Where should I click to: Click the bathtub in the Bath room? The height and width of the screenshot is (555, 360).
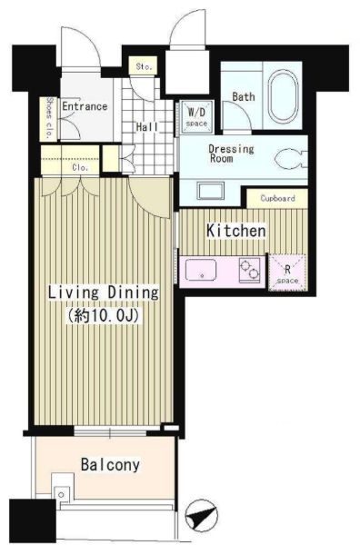click(x=283, y=96)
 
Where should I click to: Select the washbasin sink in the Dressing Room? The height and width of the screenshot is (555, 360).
click(x=211, y=191)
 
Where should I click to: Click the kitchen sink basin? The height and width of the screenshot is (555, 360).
click(x=201, y=270)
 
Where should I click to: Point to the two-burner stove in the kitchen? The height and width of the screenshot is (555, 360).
click(x=249, y=270)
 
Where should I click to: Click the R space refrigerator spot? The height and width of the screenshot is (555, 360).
click(x=287, y=273)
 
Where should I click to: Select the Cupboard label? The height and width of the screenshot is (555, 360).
click(x=277, y=198)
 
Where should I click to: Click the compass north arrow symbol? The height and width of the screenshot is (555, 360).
click(x=201, y=515)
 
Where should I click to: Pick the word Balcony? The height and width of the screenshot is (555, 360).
click(x=110, y=465)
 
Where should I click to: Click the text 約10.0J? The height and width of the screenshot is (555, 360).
click(x=103, y=314)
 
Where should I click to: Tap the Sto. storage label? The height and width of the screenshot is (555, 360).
click(x=144, y=66)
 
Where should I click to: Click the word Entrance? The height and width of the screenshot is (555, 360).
click(x=85, y=106)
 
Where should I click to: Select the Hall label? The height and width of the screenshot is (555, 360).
click(x=147, y=127)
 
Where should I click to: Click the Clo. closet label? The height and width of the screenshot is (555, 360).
click(x=80, y=168)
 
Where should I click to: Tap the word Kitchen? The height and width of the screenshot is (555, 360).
click(x=236, y=231)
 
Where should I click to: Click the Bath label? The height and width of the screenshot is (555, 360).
click(x=244, y=96)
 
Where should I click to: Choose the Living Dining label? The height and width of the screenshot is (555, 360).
click(x=103, y=292)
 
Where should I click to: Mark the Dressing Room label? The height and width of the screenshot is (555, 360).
click(x=231, y=154)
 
